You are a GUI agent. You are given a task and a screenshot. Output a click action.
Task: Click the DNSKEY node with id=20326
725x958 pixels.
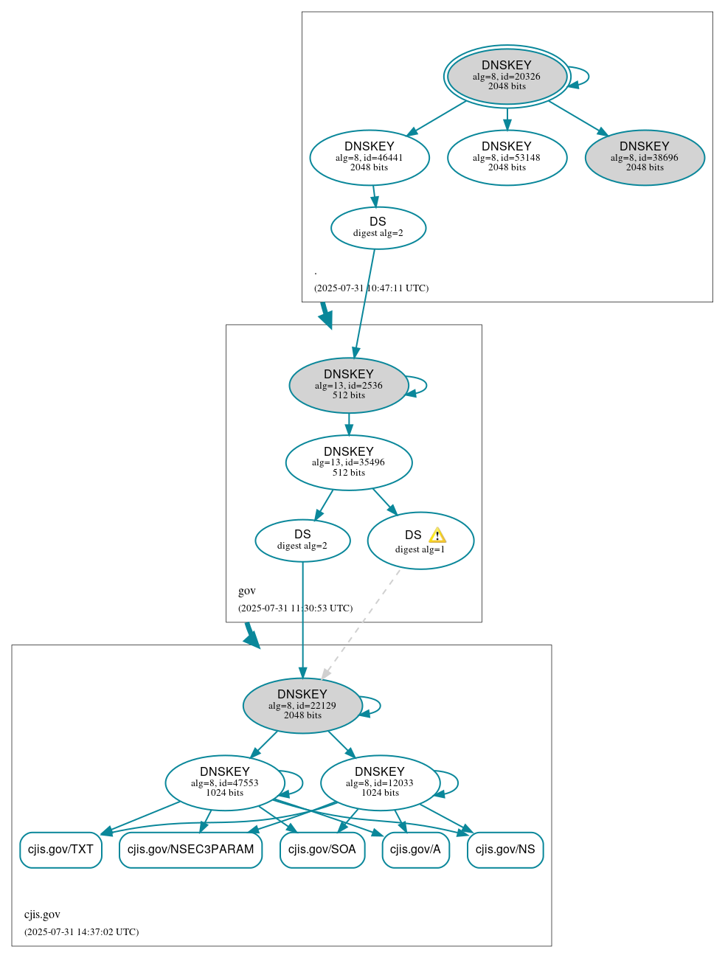point(507,76)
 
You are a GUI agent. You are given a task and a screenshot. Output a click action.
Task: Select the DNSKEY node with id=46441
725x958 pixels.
point(370,157)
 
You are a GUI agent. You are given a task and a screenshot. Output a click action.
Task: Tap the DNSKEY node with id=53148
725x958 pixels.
point(507,157)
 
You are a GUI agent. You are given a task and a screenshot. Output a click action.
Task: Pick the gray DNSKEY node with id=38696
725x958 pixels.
point(645,157)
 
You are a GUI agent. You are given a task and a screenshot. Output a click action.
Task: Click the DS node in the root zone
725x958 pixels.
point(378,228)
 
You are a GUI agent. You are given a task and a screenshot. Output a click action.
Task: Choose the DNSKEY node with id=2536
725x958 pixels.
point(348,385)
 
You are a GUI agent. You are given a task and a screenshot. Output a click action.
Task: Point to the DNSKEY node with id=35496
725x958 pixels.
point(348,462)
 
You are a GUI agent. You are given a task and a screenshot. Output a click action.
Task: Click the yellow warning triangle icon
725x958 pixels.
point(437,535)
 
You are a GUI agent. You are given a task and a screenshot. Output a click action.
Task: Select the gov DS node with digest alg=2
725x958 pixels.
point(302,541)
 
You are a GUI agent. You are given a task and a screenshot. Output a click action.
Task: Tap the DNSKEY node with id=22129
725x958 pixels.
point(302,706)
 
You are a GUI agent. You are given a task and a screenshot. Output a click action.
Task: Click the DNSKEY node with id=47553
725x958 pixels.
point(225,782)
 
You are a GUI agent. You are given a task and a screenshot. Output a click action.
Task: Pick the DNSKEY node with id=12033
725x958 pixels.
point(380,782)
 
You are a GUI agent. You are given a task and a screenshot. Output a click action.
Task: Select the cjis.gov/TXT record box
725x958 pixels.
point(60,850)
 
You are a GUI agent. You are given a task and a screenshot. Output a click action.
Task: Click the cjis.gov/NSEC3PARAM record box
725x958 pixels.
point(190,850)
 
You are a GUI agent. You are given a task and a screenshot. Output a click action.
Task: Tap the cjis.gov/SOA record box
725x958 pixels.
point(322,850)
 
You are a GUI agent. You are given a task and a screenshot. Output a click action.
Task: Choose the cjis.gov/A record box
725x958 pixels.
point(415,850)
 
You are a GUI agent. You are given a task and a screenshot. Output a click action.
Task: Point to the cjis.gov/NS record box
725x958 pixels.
point(505,850)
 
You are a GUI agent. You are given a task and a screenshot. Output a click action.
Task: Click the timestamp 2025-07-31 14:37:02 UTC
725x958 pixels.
point(81,932)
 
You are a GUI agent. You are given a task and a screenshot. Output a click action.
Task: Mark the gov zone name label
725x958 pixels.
point(247,591)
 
